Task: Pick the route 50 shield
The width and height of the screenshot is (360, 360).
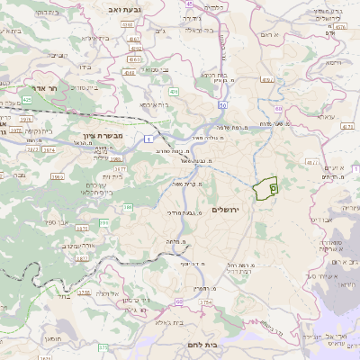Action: (221, 104)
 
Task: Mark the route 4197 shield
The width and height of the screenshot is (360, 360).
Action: (267, 79)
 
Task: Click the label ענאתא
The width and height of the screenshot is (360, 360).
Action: (298, 117)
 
